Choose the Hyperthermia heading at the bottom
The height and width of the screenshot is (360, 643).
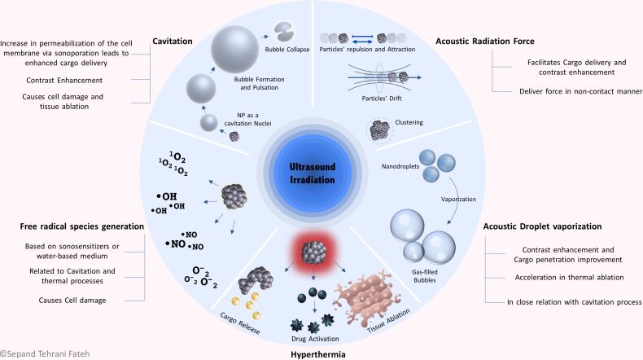click(321, 353)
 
